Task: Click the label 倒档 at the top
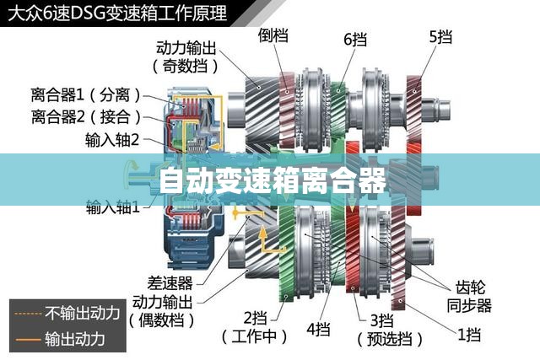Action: point(273,35)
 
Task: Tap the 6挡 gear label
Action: point(355,40)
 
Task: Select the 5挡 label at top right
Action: point(440,37)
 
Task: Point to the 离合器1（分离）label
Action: point(86,94)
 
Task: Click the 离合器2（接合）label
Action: point(86,116)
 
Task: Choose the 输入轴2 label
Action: point(112,140)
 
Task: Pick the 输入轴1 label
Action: point(113,207)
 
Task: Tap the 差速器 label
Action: point(170,283)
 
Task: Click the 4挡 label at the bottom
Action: point(319,329)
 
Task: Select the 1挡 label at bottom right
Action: point(469,334)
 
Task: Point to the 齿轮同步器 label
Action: point(470,296)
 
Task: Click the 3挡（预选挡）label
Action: point(390,330)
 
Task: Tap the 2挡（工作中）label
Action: point(255,327)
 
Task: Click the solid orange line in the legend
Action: point(28,340)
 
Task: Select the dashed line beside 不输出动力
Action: point(28,314)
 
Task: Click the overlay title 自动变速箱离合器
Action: point(273,180)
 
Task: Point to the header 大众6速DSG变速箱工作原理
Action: point(117,13)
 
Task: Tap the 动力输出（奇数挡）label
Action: point(186,56)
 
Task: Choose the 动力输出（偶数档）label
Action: point(162,311)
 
